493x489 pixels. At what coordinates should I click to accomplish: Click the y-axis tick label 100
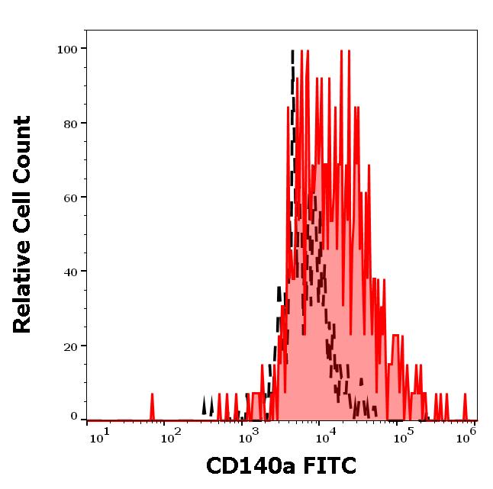tap(67, 50)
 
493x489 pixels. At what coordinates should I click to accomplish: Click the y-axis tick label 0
tap(74, 417)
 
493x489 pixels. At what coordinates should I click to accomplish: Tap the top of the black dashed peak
tap(292, 52)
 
